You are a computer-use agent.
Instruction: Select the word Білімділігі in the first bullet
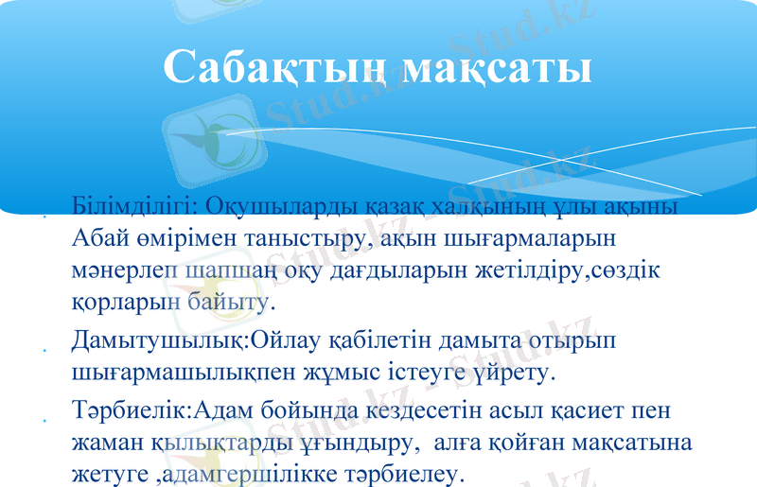[131, 206]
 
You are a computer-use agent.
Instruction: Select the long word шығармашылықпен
[167, 371]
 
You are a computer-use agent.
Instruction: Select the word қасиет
[543, 410]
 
